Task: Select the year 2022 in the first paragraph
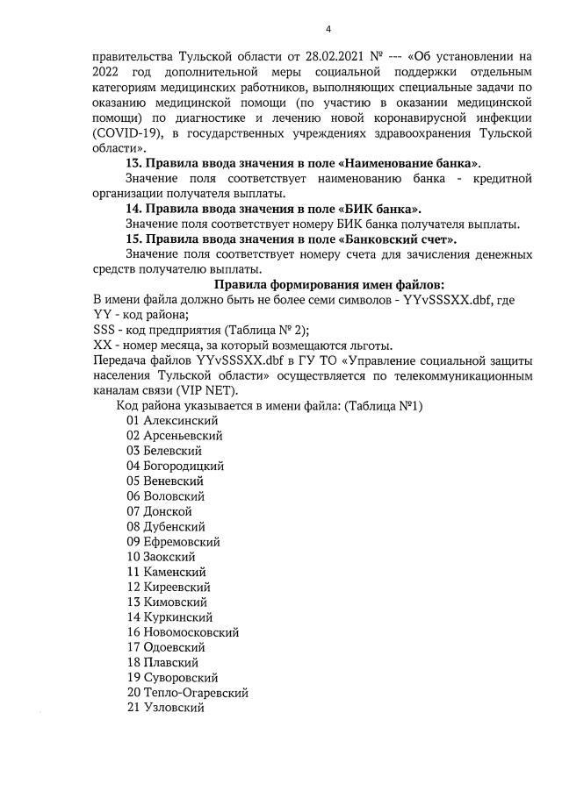[108, 72]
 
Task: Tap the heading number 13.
[134, 164]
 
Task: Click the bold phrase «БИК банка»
[378, 209]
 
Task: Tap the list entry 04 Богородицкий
[175, 466]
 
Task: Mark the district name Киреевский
[177, 587]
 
